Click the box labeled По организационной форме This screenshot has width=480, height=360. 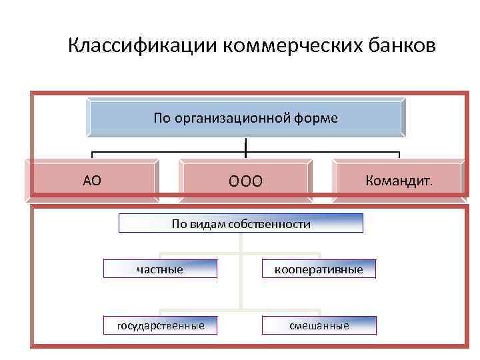pyautogui.click(x=245, y=118)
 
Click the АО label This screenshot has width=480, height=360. pyautogui.click(x=92, y=179)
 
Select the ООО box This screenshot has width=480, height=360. pyautogui.click(x=245, y=181)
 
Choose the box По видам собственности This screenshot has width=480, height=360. pyautogui.click(x=241, y=223)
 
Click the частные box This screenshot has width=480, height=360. pyautogui.click(x=160, y=269)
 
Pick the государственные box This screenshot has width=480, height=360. pyautogui.click(x=160, y=326)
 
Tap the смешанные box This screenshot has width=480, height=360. pyautogui.click(x=319, y=326)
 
